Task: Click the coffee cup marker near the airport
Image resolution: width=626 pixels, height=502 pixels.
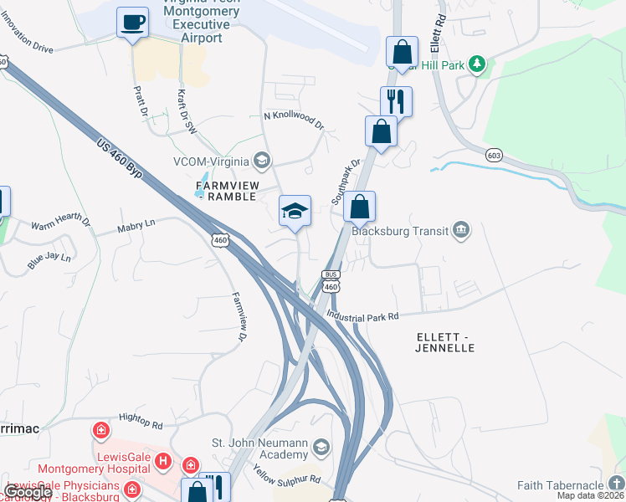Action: pyautogui.click(x=132, y=22)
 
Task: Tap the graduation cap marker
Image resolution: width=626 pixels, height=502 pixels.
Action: pyautogui.click(x=295, y=213)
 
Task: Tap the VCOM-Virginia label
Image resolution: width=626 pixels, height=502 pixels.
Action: pyautogui.click(x=210, y=161)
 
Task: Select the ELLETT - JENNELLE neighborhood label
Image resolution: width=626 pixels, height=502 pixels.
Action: pyautogui.click(x=444, y=342)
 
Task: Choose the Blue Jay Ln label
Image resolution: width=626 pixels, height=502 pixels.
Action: pyautogui.click(x=49, y=260)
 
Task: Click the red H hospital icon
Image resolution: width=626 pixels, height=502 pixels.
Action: pyautogui.click(x=163, y=461)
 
